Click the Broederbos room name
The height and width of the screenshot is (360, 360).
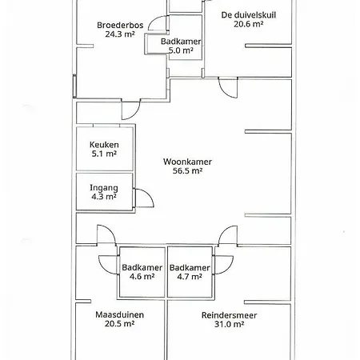tap(120, 26)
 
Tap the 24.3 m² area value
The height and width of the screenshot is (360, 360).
tap(120, 34)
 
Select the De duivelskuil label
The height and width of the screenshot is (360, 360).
tap(249, 15)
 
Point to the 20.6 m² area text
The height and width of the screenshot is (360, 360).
tap(249, 24)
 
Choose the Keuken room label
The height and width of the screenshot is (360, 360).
tap(104, 145)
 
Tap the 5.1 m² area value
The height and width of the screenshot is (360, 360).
tap(104, 154)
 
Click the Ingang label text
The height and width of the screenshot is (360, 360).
tap(104, 188)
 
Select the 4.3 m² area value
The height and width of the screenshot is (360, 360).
tap(104, 197)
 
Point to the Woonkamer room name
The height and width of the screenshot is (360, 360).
tap(187, 162)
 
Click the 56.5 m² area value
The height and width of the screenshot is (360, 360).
tap(187, 170)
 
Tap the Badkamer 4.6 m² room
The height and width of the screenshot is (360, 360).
tap(142, 272)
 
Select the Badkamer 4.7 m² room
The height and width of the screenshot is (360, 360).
tap(190, 272)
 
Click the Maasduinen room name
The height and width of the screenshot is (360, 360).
tap(120, 314)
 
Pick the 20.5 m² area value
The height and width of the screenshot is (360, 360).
tap(120, 324)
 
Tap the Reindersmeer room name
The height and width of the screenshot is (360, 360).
tap(230, 315)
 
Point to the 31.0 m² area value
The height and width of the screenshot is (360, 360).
tap(230, 324)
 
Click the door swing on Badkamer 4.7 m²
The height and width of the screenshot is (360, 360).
tap(228, 268)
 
